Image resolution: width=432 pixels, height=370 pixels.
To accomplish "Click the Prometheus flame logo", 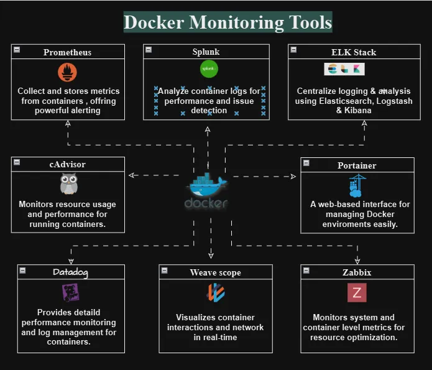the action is (67, 72).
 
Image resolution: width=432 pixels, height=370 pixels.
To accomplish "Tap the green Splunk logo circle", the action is (209, 68).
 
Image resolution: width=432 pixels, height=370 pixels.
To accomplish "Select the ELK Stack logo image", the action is (344, 69).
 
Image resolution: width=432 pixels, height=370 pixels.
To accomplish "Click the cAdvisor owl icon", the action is (68, 183).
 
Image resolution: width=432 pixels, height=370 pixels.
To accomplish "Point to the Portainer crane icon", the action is (357, 185).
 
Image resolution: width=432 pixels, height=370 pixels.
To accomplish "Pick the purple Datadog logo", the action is (70, 293).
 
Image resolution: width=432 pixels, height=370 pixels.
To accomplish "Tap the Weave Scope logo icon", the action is (216, 292).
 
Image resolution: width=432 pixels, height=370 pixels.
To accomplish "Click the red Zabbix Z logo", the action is (357, 292).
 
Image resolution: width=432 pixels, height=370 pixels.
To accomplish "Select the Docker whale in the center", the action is (207, 184).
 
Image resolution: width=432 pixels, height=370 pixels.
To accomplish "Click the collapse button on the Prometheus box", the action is (17, 50).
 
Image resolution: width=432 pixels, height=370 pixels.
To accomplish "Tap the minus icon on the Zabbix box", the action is (306, 271).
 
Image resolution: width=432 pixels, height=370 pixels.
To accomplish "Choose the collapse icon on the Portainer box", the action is (306, 163).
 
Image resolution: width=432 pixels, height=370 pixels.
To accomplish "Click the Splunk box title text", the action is (206, 52).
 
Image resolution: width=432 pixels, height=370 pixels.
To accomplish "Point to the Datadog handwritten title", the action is (70, 272).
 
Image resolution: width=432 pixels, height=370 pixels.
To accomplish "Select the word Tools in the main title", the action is (310, 22).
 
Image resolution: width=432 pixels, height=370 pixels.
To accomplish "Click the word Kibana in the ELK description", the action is (357, 111).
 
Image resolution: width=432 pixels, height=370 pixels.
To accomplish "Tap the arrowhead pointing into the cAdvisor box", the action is (131, 175).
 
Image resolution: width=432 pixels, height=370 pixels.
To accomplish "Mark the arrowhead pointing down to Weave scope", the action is (211, 256).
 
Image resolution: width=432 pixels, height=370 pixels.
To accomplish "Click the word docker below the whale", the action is (206, 203).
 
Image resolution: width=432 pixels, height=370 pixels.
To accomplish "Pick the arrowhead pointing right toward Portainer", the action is (293, 177).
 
